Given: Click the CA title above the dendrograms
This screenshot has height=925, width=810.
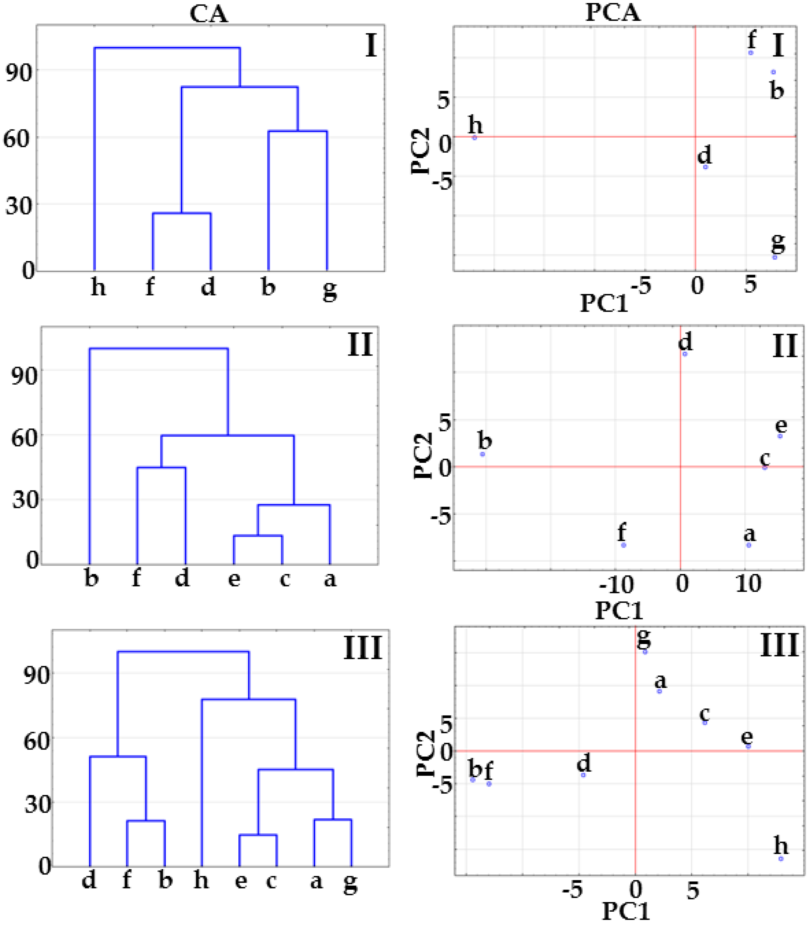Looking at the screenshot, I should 208,14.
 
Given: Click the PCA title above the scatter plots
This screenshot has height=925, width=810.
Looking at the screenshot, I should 613,12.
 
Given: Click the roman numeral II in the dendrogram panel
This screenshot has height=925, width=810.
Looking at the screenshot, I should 360,345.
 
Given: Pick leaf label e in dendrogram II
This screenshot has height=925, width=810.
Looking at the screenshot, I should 234,578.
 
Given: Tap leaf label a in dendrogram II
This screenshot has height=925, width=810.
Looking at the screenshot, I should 330,579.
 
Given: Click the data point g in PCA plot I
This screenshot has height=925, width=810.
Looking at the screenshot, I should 774,257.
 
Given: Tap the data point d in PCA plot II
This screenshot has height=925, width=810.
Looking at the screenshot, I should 685,354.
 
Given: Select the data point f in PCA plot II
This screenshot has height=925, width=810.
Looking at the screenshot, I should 624,545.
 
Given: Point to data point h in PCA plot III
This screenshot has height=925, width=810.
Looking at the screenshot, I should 781,858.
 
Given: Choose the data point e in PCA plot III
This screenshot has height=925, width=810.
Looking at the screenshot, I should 748,747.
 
